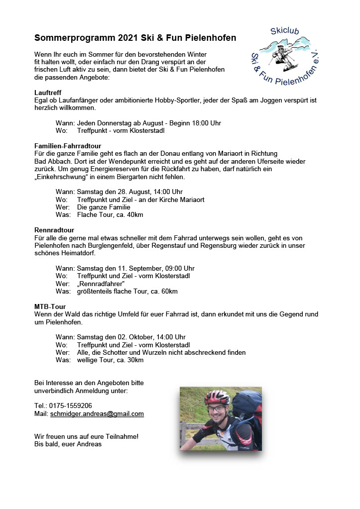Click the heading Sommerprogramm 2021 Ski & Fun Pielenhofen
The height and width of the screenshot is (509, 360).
[135, 38]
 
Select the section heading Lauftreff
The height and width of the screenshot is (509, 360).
[47, 93]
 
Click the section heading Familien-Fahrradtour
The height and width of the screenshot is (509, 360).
[68, 146]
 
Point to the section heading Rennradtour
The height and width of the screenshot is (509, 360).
[54, 230]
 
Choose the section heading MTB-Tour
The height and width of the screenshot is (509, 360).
[50, 306]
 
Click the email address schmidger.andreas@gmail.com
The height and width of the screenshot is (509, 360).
[97, 413]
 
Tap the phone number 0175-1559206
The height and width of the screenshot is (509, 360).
[70, 406]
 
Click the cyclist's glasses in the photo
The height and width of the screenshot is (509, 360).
[217, 409]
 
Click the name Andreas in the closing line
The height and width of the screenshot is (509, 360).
[89, 444]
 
